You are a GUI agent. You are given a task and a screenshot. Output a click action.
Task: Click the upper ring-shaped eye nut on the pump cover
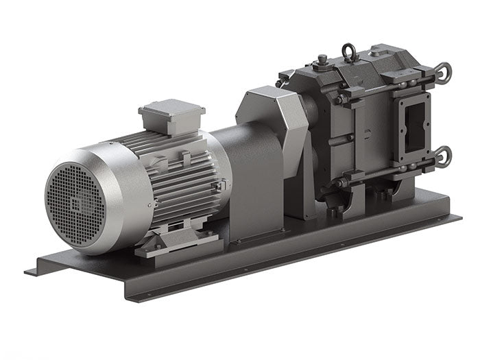tap(443, 73)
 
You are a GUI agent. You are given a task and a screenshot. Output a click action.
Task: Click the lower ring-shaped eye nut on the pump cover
tap(443, 156)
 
